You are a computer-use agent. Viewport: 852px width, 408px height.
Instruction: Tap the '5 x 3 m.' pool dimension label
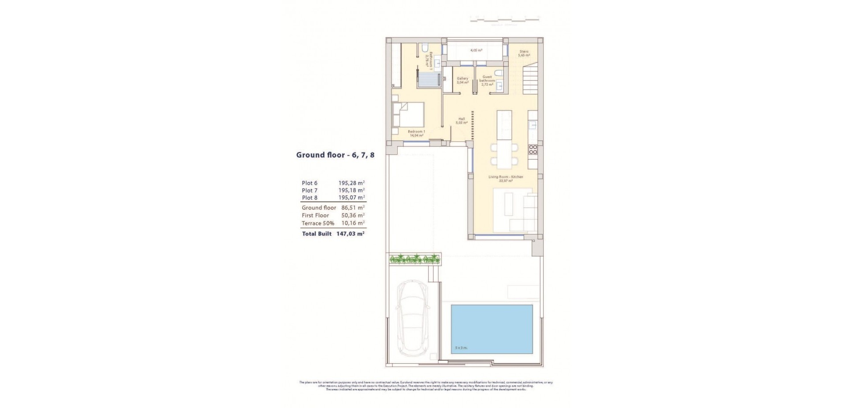[x=461, y=348]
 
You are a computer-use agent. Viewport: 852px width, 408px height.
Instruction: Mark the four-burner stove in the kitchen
[x=533, y=149]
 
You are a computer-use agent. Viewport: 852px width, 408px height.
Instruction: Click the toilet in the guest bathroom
[x=498, y=73]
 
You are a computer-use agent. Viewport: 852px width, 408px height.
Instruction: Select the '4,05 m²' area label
[x=476, y=51]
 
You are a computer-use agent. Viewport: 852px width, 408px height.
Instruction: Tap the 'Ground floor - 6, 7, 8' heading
[x=335, y=155]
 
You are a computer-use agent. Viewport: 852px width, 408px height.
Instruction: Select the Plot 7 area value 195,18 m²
[x=351, y=190]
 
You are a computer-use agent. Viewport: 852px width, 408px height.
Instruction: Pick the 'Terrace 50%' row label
[x=318, y=224]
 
